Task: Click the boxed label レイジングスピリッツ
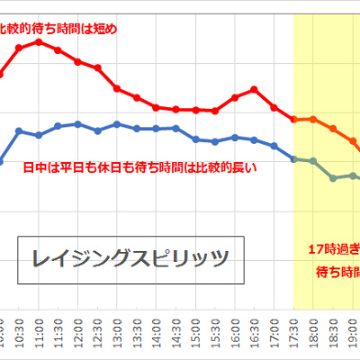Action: tap(125, 260)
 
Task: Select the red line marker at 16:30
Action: tap(255, 88)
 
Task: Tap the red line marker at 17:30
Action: tap(294, 119)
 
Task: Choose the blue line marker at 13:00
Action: tap(117, 124)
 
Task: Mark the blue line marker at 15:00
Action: tap(196, 139)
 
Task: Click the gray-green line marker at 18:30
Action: tap(333, 177)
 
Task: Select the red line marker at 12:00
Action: tap(78, 61)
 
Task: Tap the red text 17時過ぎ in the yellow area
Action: tap(333, 248)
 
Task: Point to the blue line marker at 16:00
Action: tap(235, 137)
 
